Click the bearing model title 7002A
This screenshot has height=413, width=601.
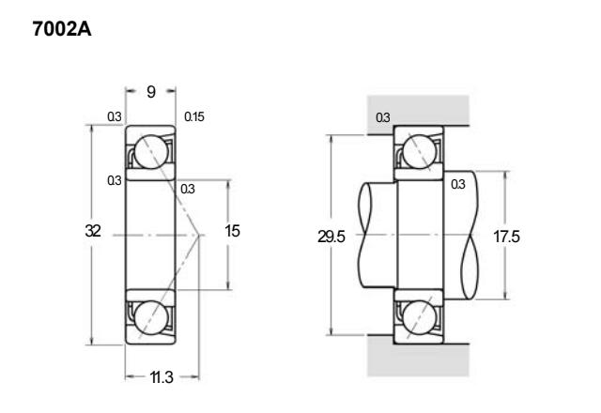[62, 29]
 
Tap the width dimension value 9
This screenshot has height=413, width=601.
[151, 92]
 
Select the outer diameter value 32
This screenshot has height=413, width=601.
[93, 231]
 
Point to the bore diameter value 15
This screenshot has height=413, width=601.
[232, 231]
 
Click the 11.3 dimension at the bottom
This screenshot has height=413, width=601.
[162, 377]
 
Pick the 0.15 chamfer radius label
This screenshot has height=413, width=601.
[194, 116]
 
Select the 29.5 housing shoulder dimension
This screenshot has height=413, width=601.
[331, 237]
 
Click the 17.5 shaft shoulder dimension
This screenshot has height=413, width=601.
[506, 237]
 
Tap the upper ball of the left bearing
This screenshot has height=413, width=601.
[151, 152]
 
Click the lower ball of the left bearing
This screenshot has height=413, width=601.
[151, 317]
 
